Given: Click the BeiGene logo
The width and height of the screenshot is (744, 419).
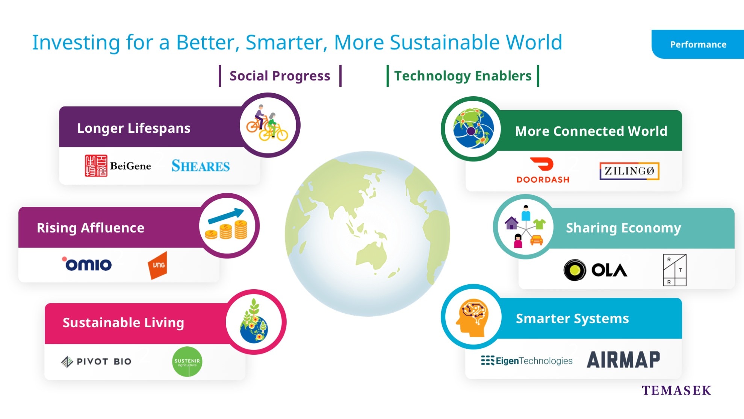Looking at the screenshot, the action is point(118,165).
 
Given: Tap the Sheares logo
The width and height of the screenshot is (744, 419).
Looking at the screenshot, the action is point(201,166).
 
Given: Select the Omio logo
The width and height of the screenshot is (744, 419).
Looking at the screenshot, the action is point(87,264).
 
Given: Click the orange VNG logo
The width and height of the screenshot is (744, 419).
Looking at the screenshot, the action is point(157,265).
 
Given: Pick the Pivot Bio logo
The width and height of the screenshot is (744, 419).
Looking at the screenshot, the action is point(96,361).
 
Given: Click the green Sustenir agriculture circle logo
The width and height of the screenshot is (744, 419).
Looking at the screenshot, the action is point(187,362).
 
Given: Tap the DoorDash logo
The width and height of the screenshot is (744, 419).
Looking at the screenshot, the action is point(543,170).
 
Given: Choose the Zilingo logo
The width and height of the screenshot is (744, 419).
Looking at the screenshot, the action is point(629,171).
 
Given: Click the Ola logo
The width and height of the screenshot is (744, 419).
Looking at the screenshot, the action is point(595,270).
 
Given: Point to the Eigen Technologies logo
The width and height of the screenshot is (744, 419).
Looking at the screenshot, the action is point(527,361).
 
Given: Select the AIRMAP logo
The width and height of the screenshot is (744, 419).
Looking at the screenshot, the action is point(623,360).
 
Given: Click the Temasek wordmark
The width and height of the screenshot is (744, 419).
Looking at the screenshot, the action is point(676,390).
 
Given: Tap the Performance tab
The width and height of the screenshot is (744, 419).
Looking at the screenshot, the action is point(698,44).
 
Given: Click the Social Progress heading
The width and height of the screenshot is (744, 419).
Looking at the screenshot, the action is point(280,76).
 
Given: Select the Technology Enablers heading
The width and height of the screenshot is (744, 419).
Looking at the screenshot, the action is point(463,76).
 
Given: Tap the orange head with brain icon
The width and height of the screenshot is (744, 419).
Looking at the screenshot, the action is point(472,317).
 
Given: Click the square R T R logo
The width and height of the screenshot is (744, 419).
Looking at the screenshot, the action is point(675,270).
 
